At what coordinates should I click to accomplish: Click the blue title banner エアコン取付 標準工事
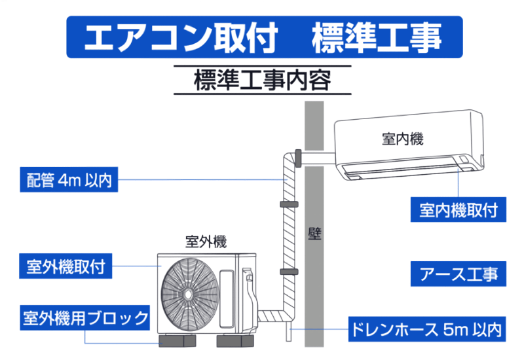click(265, 37)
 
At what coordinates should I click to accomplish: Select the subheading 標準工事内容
click(263, 80)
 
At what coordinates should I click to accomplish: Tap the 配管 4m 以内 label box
click(69, 179)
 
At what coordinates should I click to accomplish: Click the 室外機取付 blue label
click(65, 266)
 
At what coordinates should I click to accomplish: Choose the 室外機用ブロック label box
click(85, 317)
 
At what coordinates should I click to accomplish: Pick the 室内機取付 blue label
click(458, 209)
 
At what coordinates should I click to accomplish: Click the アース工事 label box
click(458, 274)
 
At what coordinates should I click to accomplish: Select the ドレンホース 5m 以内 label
click(427, 329)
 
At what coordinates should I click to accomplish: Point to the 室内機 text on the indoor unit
click(402, 139)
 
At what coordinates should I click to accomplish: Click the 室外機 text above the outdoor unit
click(206, 242)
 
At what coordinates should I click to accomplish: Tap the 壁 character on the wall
click(314, 234)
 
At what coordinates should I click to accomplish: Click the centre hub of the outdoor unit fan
click(188, 294)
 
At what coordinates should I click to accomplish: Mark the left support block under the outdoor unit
click(177, 341)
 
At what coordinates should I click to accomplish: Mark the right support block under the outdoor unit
click(235, 341)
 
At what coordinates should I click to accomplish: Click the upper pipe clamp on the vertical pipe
click(289, 204)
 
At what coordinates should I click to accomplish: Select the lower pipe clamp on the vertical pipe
click(289, 272)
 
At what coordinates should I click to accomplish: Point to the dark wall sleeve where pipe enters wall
click(298, 158)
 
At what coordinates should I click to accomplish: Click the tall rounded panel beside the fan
click(226, 298)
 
